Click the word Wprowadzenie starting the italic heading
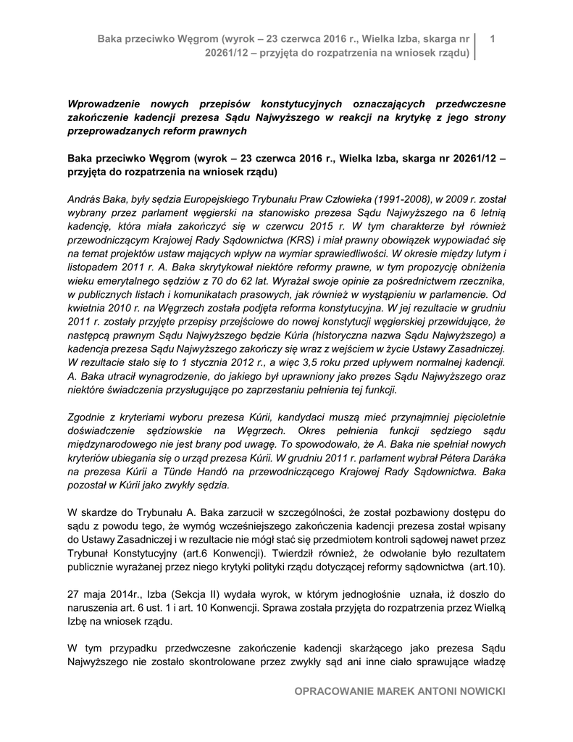(x=103, y=103)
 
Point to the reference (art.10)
(x=487, y=566)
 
